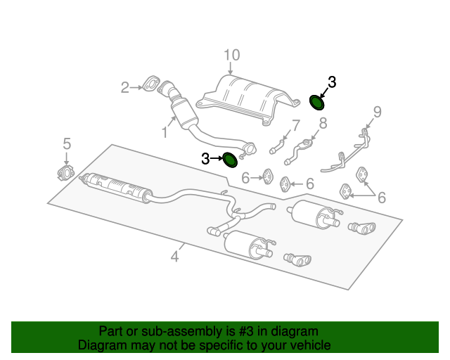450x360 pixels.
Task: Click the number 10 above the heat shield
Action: [x=232, y=55]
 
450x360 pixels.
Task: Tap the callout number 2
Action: [x=124, y=88]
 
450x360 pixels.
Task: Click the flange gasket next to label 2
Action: [x=151, y=84]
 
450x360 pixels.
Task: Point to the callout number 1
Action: [x=164, y=131]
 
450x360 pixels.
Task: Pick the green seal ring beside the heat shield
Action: [x=317, y=104]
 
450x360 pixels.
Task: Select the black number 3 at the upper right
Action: [x=332, y=82]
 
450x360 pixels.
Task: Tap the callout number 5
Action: [x=67, y=143]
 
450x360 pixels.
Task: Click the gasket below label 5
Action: [x=65, y=173]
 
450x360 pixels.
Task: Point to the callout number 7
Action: [x=295, y=127]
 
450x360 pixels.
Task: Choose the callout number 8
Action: [x=323, y=124]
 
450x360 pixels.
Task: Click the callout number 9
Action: [x=377, y=111]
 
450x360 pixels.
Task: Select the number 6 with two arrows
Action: [x=382, y=198]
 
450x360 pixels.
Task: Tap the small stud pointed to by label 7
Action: [x=276, y=147]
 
